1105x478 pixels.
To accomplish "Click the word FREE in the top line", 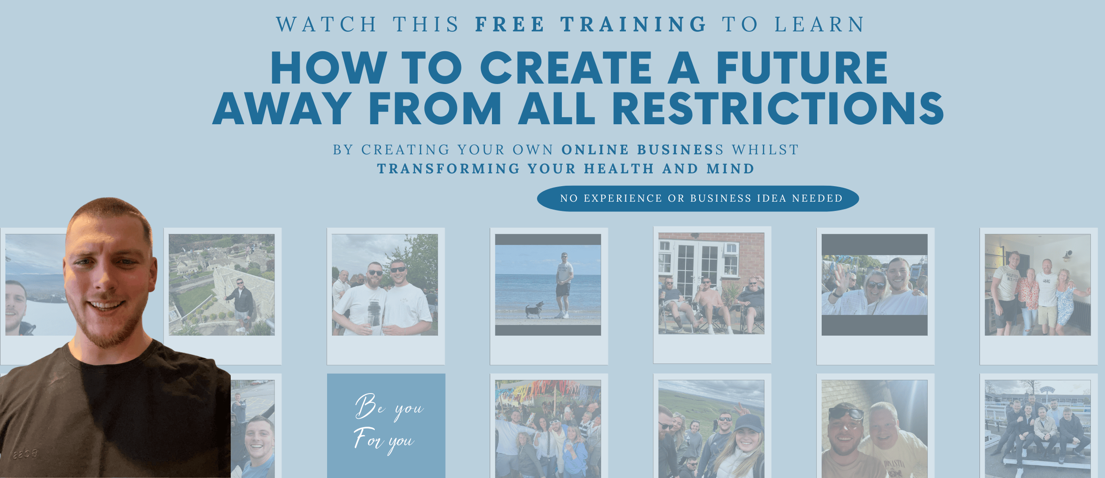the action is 510,24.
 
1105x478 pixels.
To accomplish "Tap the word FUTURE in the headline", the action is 802,67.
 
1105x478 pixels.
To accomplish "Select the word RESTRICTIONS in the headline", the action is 778,108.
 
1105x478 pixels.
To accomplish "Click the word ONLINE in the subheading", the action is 595,150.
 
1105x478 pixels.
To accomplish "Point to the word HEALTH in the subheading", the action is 619,169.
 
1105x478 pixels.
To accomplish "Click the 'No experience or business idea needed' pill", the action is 698,199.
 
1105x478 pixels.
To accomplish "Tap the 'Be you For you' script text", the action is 388,424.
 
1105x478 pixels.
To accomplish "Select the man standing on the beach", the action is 563,285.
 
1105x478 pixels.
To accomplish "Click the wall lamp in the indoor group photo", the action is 1067,255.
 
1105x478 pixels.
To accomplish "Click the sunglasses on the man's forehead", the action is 846,413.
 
